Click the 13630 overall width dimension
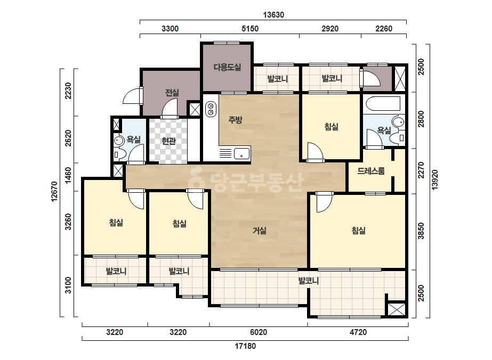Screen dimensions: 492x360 pyautogui.click(x=273, y=15)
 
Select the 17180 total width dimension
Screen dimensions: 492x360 pyautogui.click(x=245, y=346)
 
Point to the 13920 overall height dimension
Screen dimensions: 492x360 pyautogui.click(x=434, y=179)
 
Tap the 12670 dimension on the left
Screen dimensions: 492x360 pyautogui.click(x=54, y=191)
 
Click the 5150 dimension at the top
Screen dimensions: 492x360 pyautogui.click(x=250, y=29)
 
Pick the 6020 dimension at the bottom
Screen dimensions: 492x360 pyautogui.click(x=258, y=332)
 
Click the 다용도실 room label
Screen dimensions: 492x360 pyautogui.click(x=227, y=67)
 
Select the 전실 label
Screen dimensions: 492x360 pyautogui.click(x=172, y=93)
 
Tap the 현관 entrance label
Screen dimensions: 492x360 pyautogui.click(x=168, y=141)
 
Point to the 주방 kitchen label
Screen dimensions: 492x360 pyautogui.click(x=235, y=119)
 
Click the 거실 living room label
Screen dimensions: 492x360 pyautogui.click(x=260, y=231)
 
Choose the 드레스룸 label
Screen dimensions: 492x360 pyautogui.click(x=371, y=171)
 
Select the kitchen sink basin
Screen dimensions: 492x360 pyautogui.click(x=242, y=154)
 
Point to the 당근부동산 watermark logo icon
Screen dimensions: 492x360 pyautogui.click(x=196, y=178)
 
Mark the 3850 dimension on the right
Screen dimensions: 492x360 pyautogui.click(x=421, y=231)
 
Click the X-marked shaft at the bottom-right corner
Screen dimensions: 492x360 pyautogui.click(x=397, y=309)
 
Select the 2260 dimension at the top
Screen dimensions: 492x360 pyautogui.click(x=384, y=29)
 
